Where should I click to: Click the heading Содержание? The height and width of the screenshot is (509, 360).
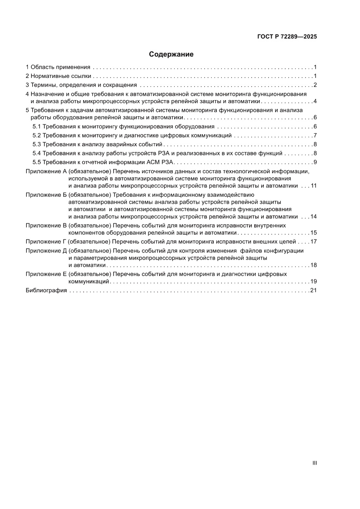tap(171, 54)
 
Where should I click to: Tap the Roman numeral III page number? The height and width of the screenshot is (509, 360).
tap(314, 463)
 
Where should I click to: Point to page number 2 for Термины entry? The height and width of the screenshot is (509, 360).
tap(314, 85)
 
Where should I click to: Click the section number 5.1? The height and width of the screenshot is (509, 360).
tap(37, 127)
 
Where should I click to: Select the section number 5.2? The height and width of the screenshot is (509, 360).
tap(37, 135)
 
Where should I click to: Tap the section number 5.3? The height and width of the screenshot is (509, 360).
tap(37, 145)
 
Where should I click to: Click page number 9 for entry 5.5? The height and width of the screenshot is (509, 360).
tap(314, 162)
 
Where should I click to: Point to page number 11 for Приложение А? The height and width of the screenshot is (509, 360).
tap(313, 186)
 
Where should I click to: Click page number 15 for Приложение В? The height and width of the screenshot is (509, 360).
tap(313, 233)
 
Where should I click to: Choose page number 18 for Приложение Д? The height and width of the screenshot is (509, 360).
tap(313, 265)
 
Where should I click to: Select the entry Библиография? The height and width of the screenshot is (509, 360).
tap(46, 290)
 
